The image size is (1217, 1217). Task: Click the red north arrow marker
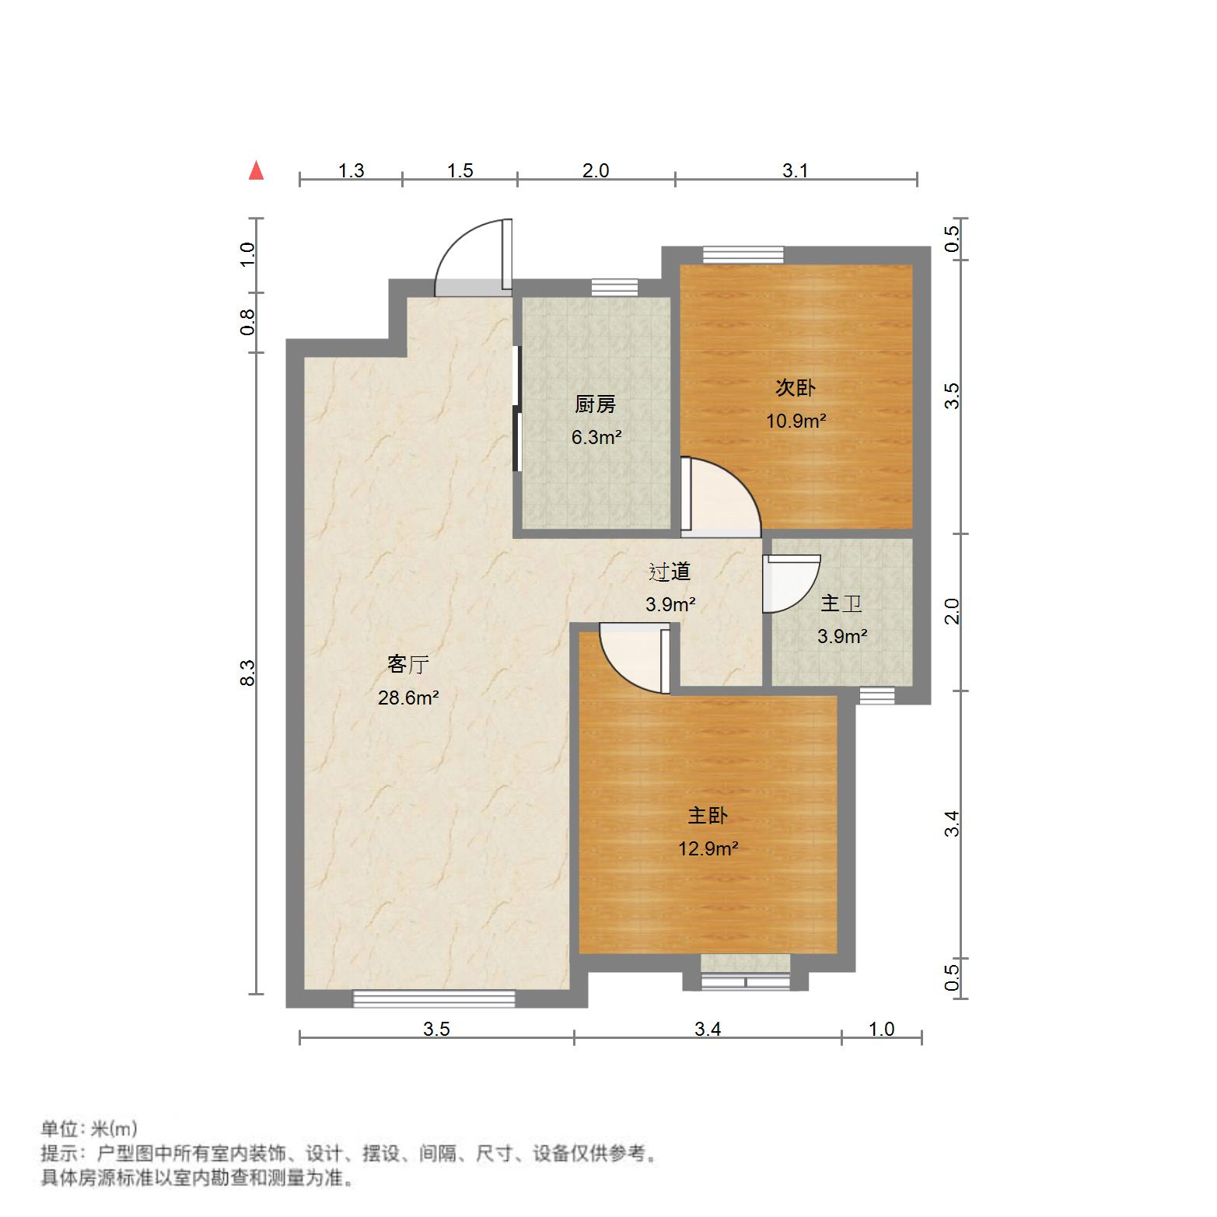[256, 170]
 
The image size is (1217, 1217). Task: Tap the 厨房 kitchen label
[595, 404]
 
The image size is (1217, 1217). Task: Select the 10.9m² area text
[796, 421]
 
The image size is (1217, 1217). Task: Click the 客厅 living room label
[408, 665]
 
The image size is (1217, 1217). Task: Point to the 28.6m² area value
[408, 698]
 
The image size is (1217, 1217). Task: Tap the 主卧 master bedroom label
[708, 815]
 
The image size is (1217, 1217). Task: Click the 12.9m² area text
[708, 848]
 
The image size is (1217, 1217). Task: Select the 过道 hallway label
[670, 572]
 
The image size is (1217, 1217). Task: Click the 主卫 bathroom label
[841, 603]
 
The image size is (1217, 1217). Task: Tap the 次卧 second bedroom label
[796, 387]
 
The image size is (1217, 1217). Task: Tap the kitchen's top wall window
[614, 287]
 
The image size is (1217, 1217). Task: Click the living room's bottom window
[434, 998]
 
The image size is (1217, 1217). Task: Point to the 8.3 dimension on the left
[247, 672]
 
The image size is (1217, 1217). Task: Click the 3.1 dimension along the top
[795, 170]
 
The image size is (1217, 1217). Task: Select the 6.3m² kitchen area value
[596, 437]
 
